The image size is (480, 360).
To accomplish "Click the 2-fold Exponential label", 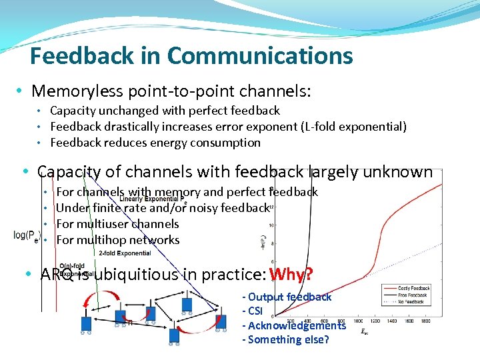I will pyautogui.click(x=124, y=253).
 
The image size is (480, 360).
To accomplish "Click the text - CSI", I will pyautogui.click(x=253, y=311).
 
